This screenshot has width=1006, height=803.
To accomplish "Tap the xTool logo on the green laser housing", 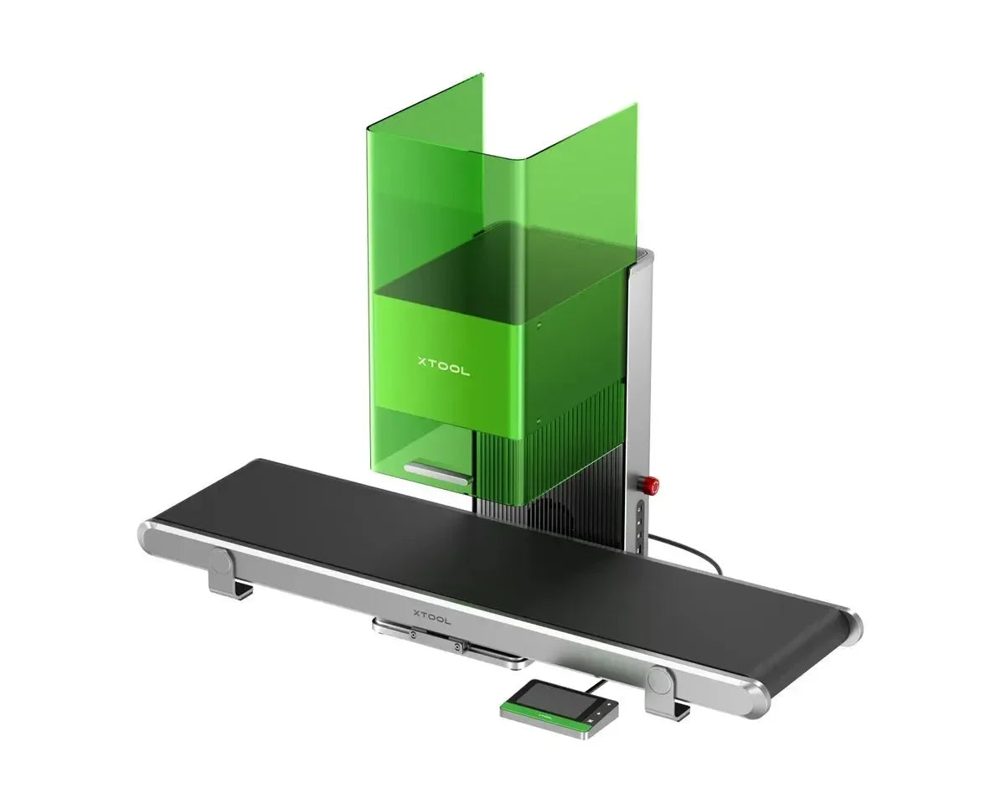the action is click(443, 368).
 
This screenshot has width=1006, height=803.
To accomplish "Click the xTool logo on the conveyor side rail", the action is click(432, 616).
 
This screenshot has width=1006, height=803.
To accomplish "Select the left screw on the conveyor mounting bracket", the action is click(413, 635).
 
